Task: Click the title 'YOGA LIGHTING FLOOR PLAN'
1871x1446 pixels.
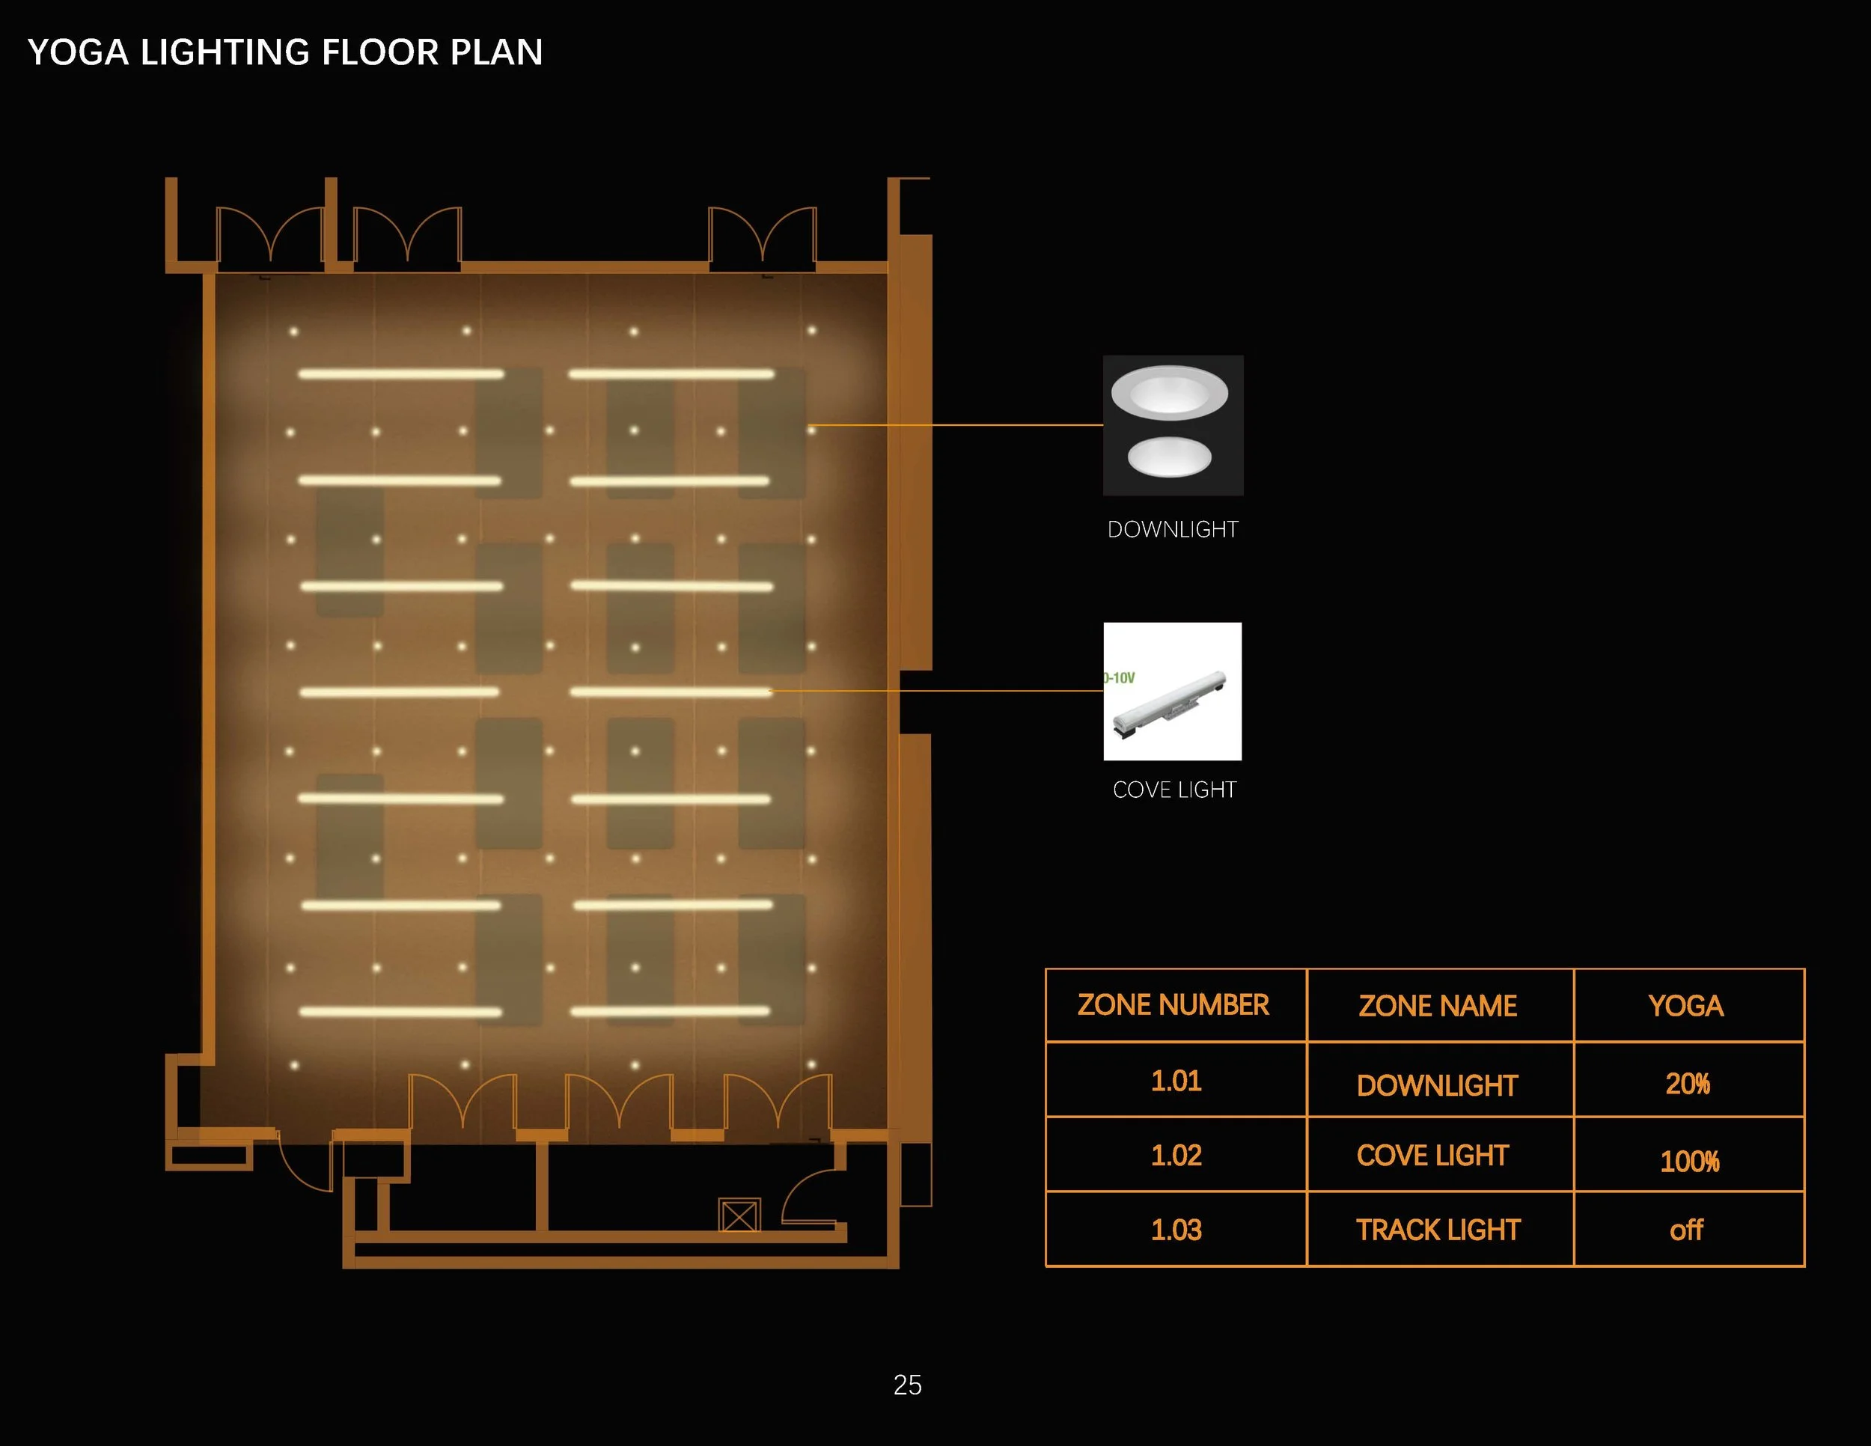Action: (x=285, y=52)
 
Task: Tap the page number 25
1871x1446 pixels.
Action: (x=907, y=1385)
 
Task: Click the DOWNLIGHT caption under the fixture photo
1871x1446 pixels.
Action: (x=1173, y=529)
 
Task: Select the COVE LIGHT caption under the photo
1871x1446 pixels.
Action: (x=1173, y=790)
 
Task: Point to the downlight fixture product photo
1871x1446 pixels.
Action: (x=1173, y=425)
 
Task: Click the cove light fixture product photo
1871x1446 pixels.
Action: (x=1172, y=692)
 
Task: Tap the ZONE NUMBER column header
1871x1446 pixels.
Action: (x=1173, y=1005)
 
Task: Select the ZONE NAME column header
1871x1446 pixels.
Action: (x=1438, y=1006)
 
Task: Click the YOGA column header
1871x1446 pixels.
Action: (x=1686, y=1006)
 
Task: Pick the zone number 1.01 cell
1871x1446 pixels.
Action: (x=1176, y=1081)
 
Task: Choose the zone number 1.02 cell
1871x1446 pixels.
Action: (x=1176, y=1156)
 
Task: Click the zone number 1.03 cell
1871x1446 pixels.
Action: (x=1176, y=1230)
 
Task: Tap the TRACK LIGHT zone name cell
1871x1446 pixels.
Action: (x=1438, y=1230)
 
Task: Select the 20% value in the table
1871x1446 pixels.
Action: (x=1688, y=1084)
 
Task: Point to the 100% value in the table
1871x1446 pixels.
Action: (x=1689, y=1161)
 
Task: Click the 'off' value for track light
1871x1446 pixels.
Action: (x=1686, y=1231)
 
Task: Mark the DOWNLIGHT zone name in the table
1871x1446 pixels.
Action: (x=1437, y=1085)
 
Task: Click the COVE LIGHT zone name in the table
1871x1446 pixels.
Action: (x=1432, y=1156)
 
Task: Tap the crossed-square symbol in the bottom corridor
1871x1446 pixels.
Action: (x=739, y=1215)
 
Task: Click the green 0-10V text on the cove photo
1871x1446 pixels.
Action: (x=1120, y=677)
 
